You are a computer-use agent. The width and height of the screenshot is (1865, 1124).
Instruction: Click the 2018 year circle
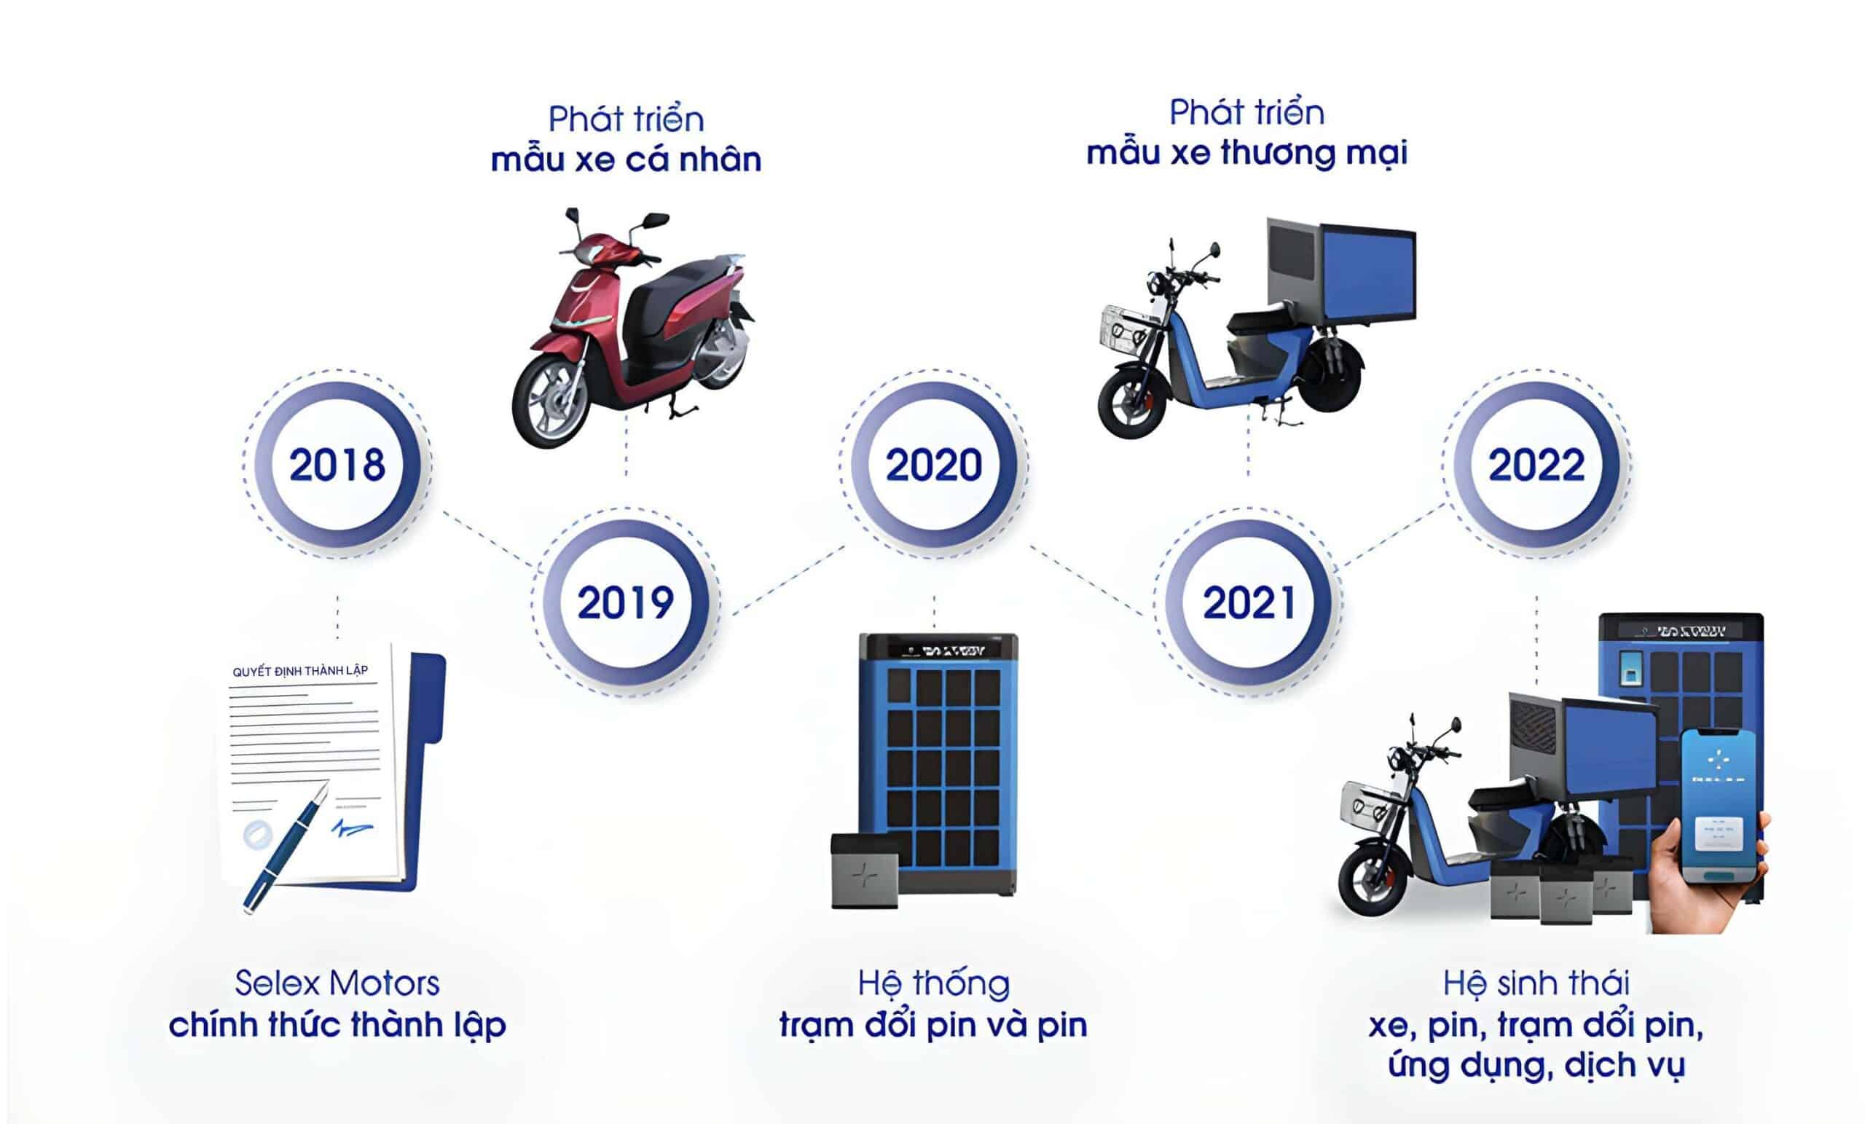point(337,464)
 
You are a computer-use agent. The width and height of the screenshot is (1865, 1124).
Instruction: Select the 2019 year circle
point(625,602)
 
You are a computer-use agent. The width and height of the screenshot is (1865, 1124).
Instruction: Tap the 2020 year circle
point(933,464)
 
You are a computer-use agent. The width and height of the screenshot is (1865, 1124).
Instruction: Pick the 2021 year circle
point(1248,602)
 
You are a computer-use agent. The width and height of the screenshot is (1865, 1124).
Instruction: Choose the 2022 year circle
point(1536,464)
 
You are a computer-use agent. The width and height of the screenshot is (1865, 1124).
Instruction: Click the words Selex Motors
point(337,983)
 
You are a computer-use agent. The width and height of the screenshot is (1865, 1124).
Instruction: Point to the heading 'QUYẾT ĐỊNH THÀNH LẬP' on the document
point(299,671)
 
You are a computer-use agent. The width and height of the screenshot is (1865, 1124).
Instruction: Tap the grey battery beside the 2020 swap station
point(863,870)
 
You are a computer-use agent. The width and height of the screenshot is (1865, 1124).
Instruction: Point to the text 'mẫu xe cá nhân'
point(626,160)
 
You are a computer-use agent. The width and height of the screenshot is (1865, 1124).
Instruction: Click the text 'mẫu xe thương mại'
point(1246,154)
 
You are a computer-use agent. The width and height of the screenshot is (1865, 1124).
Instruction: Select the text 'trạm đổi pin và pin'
point(933,1025)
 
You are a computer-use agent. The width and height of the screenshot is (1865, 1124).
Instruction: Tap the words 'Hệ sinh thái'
point(1536,983)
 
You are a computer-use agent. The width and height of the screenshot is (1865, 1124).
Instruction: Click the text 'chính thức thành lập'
point(337,1025)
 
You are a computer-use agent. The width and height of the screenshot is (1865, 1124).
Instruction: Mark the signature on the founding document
point(352,828)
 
